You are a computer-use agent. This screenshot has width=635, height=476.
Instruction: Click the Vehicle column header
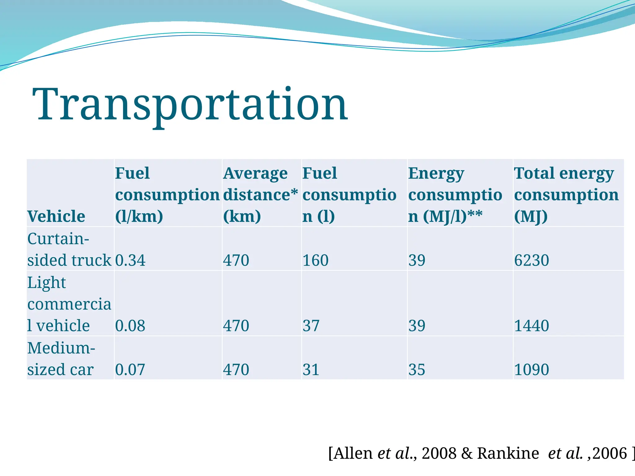click(56, 216)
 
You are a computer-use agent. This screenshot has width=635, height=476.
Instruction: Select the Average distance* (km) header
click(260, 195)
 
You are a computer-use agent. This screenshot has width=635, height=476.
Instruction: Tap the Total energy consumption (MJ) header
click(566, 195)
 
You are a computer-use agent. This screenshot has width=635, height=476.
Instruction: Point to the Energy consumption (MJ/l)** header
click(455, 195)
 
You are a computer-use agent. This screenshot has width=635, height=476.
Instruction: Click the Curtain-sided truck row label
click(69, 249)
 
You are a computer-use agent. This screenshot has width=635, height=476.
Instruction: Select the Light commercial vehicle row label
click(69, 304)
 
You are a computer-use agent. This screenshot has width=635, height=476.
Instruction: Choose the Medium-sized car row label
click(61, 359)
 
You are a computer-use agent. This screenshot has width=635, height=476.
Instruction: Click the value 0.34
click(130, 260)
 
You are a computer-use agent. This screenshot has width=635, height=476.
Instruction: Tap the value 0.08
click(130, 326)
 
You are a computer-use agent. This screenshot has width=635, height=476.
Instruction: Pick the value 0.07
click(130, 369)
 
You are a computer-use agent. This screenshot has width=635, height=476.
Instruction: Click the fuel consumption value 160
click(315, 260)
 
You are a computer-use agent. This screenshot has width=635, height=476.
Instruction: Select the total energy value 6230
click(531, 260)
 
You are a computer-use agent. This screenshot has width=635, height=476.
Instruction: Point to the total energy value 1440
click(531, 326)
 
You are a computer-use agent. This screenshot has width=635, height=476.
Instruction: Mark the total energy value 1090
click(531, 369)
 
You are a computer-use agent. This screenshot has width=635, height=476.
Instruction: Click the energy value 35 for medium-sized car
click(417, 369)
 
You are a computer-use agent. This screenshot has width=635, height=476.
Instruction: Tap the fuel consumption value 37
click(311, 326)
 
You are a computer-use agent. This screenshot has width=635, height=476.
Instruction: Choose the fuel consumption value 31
click(311, 369)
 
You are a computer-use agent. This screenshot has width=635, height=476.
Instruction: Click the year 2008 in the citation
click(439, 453)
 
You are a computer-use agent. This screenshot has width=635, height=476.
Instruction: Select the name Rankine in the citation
click(508, 453)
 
